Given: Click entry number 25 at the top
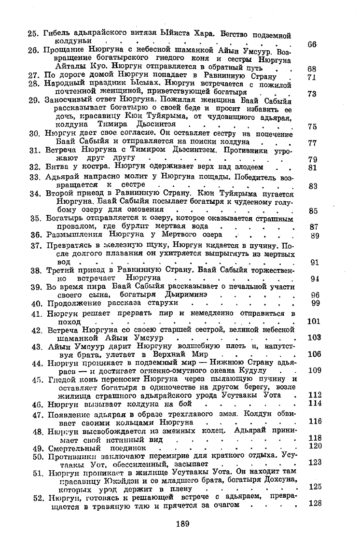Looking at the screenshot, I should (33, 34).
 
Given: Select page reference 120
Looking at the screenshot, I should (315, 446).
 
